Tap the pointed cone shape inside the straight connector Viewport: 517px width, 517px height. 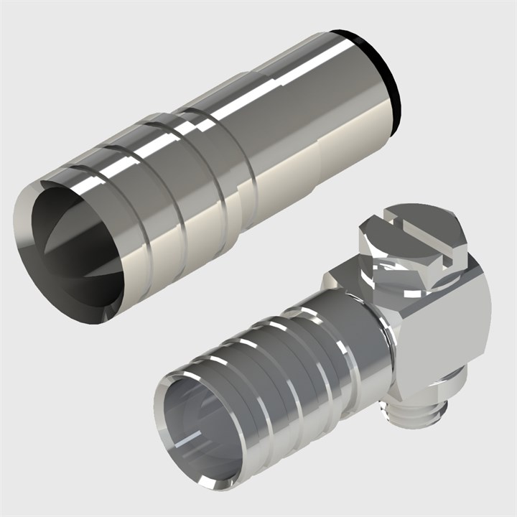68,244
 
